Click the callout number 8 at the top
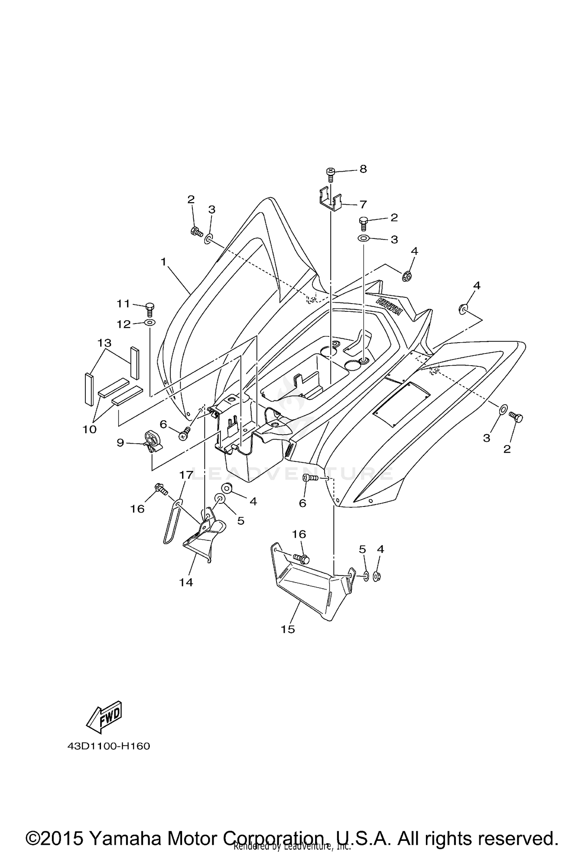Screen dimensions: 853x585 [363, 169]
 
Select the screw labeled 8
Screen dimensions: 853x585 [330, 174]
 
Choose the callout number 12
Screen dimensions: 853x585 [124, 324]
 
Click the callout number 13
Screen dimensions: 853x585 [105, 343]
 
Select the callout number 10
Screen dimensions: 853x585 [89, 429]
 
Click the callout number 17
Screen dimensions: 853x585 [186, 475]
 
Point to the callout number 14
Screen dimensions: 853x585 [186, 582]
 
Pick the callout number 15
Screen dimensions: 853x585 [288, 629]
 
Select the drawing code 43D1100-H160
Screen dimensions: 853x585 [108, 746]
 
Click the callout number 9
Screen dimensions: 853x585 [120, 442]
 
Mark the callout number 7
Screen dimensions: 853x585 [363, 204]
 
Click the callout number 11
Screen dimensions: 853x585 [123, 304]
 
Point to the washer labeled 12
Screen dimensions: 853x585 [149, 323]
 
